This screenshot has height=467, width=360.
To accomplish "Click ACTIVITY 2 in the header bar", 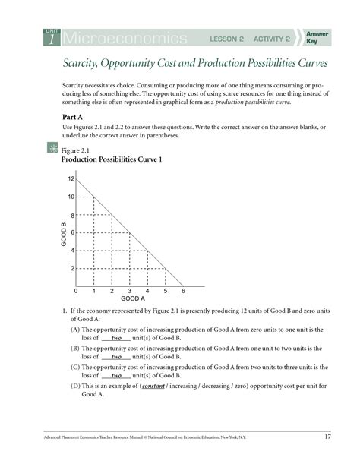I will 272,39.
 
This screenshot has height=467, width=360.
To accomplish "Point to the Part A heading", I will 74,116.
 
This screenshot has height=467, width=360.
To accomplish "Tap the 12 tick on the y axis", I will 71,179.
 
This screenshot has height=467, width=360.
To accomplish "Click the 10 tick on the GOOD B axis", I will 71,197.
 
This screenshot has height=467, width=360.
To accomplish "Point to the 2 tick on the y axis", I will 73,269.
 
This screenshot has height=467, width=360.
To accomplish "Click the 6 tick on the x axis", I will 183,292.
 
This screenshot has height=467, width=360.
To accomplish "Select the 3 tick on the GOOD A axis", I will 129,292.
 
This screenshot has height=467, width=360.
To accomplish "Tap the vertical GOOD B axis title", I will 63,233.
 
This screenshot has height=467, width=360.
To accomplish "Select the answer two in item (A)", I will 116,337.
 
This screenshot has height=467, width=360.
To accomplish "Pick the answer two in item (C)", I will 116,375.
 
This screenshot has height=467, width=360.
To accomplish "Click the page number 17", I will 327,437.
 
